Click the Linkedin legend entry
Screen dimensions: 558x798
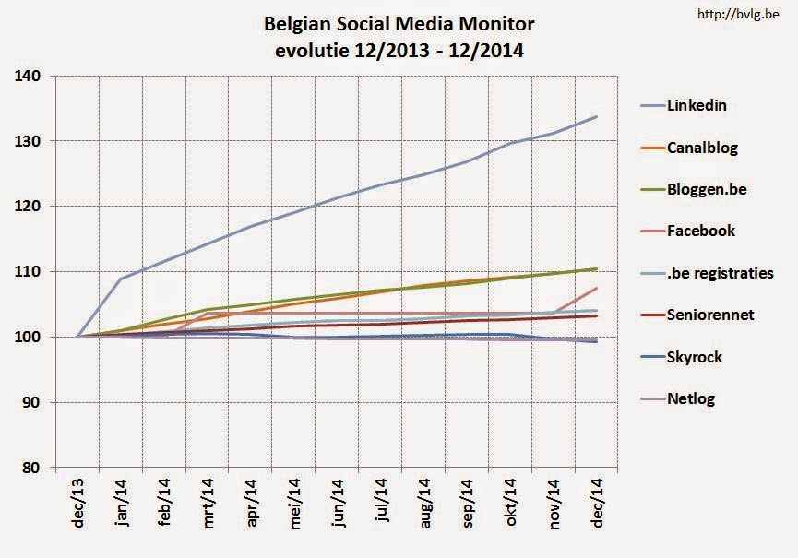pyautogui.click(x=697, y=105)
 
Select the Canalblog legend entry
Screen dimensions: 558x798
pyautogui.click(x=702, y=148)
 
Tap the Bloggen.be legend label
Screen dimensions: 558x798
pyautogui.click(x=707, y=189)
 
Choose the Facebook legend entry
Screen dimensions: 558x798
pyautogui.click(x=700, y=232)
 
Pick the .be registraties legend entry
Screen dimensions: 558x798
pyautogui.click(x=720, y=273)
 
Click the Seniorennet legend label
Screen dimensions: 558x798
pyautogui.click(x=710, y=315)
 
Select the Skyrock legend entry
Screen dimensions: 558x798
pyautogui.click(x=695, y=357)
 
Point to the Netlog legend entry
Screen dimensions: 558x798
pyautogui.click(x=691, y=398)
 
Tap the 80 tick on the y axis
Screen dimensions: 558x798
pyautogui.click(x=33, y=468)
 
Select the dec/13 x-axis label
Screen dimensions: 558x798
pyautogui.click(x=77, y=503)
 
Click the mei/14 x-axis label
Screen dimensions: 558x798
pyautogui.click(x=295, y=503)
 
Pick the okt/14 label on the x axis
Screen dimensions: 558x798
pyautogui.click(x=512, y=503)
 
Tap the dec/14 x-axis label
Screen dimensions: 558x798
pyautogui.click(x=599, y=503)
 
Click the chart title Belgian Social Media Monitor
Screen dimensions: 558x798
pyautogui.click(x=399, y=22)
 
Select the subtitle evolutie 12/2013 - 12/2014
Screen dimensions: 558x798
pyautogui.click(x=399, y=50)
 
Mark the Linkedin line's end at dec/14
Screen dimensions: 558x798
pyautogui.click(x=597, y=117)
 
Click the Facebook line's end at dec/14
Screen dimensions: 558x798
pyautogui.click(x=597, y=289)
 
